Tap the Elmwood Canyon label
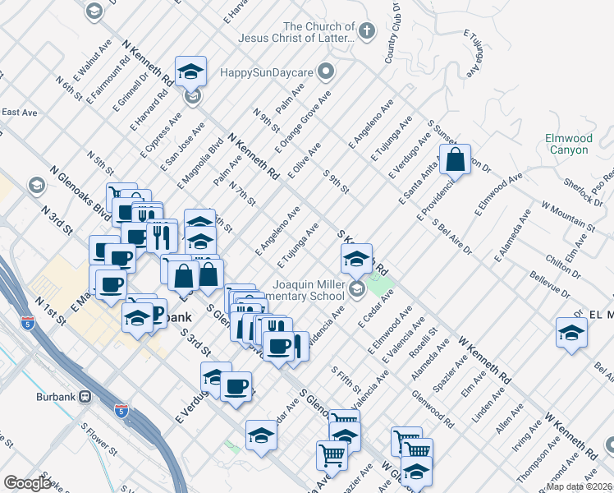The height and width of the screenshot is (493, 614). (568, 145)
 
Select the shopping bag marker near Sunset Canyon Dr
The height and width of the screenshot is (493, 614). (455, 159)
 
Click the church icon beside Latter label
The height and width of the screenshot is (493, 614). (367, 31)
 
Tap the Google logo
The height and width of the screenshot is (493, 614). (28, 483)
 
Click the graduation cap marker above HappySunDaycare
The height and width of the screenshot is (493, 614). (190, 71)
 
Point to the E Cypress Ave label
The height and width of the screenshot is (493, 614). (163, 133)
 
